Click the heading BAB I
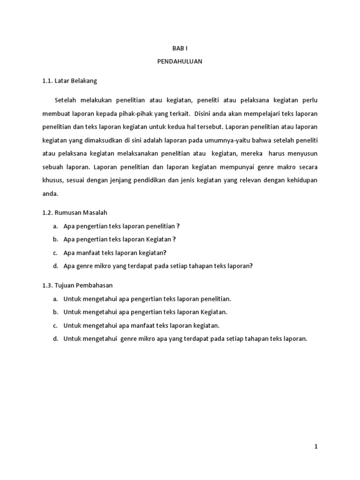[180, 48]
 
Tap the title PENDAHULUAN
[180, 61]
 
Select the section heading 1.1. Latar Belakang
[69, 81]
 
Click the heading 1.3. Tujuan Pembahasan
[77, 285]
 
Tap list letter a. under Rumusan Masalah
[55, 226]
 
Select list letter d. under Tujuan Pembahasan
[55, 338]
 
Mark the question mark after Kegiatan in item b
[174, 239]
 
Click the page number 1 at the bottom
[316, 447]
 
